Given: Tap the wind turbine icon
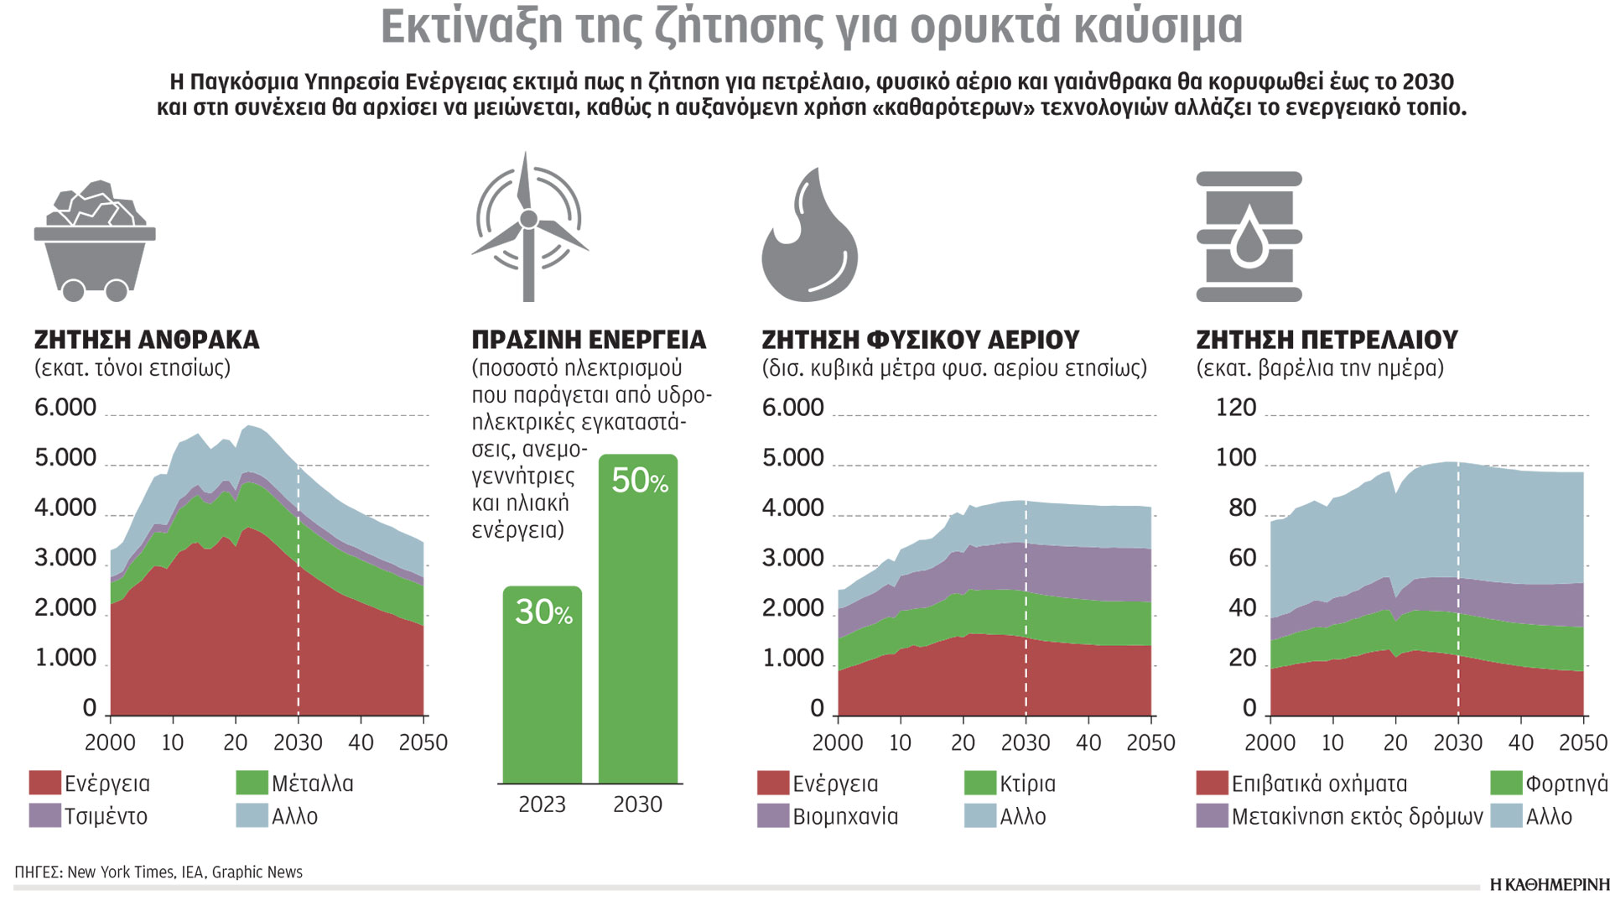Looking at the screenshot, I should click(x=528, y=226).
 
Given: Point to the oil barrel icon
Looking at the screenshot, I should click(x=1249, y=237).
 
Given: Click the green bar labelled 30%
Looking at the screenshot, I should click(x=543, y=684).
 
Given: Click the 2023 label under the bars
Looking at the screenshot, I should click(x=542, y=804).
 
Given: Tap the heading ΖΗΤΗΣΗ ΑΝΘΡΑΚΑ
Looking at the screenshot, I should click(x=147, y=340).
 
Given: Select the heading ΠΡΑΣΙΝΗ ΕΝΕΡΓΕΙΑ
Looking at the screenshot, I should click(x=589, y=340).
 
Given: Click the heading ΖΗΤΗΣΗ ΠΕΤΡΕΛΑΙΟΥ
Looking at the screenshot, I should click(x=1327, y=340).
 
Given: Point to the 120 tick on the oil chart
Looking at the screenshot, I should click(x=1235, y=408).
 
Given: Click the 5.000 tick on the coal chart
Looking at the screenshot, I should click(x=65, y=458).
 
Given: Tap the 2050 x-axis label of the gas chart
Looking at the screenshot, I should click(x=1150, y=742).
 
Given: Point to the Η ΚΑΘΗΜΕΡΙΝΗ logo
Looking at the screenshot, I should click(x=1550, y=884).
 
